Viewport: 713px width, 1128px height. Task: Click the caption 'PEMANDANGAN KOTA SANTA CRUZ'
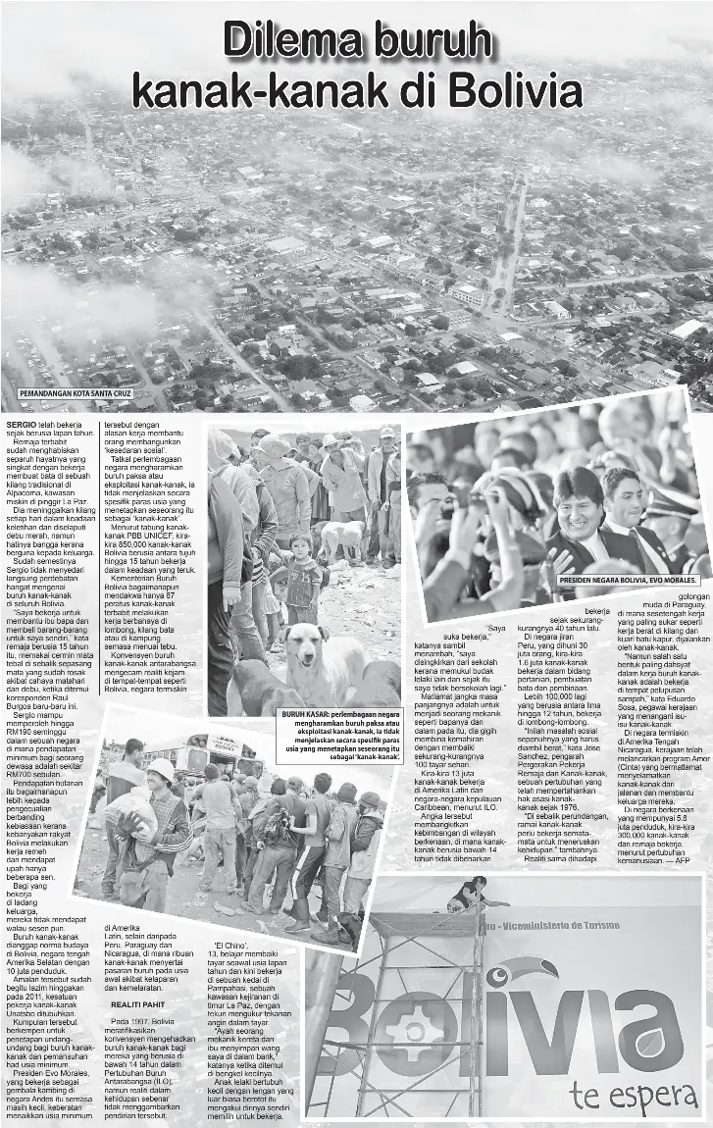[75, 394]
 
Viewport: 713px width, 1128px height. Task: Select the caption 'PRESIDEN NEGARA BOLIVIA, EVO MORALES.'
[627, 581]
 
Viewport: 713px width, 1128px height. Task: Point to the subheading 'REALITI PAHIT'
[137, 1005]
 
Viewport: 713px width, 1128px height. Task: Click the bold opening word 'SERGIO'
[21, 423]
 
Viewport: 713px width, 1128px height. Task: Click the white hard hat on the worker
[159, 769]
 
